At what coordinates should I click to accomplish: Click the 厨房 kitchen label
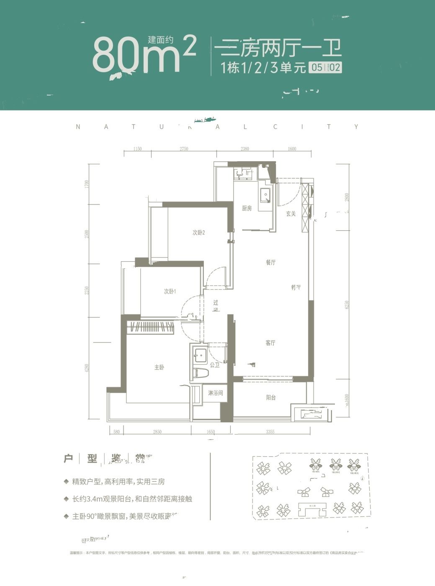[x=247, y=208]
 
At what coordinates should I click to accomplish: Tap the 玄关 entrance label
[x=291, y=214]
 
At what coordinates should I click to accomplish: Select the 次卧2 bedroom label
[x=198, y=233]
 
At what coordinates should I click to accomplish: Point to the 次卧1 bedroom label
[x=170, y=291]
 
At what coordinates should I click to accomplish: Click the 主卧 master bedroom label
[x=159, y=368]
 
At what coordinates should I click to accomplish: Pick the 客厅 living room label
[x=270, y=343]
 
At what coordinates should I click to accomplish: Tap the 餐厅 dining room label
[x=270, y=263]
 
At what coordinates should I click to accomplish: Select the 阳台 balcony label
[x=271, y=398]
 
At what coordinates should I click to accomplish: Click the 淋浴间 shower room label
[x=215, y=393]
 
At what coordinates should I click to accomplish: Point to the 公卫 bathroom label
[x=215, y=365]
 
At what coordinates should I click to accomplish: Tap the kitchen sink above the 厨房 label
[x=265, y=195]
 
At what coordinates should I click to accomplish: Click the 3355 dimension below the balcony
[x=270, y=432]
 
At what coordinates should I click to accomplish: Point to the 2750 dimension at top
[x=184, y=149]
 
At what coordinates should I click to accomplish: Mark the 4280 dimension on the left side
[x=87, y=368]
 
